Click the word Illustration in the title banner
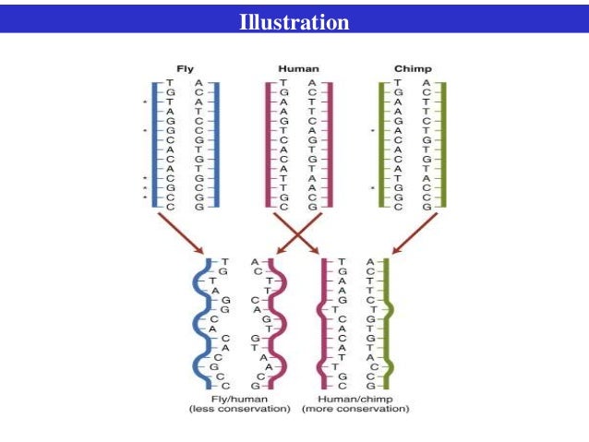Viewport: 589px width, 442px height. [x=294, y=21]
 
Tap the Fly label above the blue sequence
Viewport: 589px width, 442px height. [x=186, y=68]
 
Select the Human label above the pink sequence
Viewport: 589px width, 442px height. [x=298, y=68]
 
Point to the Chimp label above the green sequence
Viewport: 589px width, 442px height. [x=412, y=68]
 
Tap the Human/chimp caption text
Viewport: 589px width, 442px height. [x=355, y=398]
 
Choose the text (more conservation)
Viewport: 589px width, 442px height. [x=355, y=408]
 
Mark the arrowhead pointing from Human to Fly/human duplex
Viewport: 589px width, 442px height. [x=256, y=250]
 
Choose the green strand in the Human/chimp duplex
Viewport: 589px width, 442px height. [x=389, y=323]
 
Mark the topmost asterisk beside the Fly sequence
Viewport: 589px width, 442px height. [x=144, y=102]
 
